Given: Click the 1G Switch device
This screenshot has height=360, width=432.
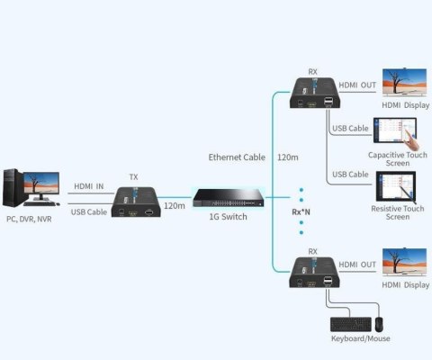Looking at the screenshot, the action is click(229, 198).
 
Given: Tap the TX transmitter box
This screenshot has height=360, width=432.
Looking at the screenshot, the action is click(136, 202).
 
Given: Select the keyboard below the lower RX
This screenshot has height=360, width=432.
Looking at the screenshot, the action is click(351, 324).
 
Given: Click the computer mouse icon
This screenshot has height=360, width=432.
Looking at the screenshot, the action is click(379, 324).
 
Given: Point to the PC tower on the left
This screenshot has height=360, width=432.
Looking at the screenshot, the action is click(13, 188).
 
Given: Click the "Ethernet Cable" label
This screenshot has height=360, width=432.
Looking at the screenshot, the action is click(237, 157).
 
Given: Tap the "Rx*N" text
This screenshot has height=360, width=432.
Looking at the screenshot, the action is click(301, 212).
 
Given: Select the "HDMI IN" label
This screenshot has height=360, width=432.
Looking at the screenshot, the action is click(89, 186).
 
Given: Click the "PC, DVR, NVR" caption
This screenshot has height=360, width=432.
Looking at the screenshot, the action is click(29, 220).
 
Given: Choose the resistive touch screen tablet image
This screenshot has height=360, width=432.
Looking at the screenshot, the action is click(396, 186).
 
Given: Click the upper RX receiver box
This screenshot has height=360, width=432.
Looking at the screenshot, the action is click(315, 93).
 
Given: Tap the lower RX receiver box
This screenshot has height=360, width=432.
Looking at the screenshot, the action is click(314, 273).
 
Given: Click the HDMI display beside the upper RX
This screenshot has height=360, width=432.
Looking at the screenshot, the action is click(404, 82).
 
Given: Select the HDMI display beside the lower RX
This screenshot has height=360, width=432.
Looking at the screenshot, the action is click(404, 262).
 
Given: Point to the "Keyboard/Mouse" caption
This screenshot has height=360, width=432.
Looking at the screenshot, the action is click(361, 338).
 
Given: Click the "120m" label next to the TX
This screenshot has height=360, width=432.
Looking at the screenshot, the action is click(175, 206).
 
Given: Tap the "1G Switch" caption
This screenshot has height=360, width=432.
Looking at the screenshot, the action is click(229, 217).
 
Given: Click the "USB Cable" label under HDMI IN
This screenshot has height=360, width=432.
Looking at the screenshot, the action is click(89, 212).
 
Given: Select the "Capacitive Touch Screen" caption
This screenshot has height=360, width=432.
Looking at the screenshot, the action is click(398, 159).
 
